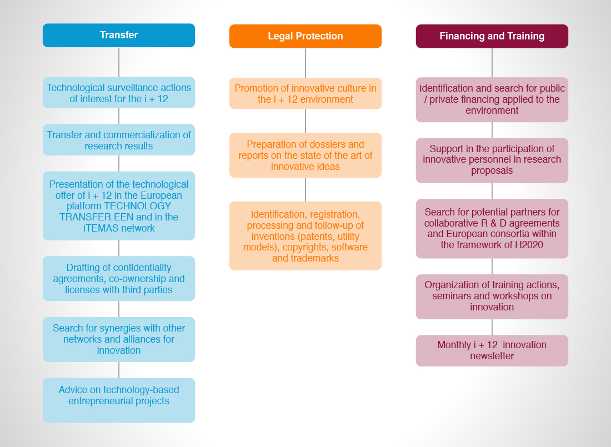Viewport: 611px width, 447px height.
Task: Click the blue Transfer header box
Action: [x=119, y=36]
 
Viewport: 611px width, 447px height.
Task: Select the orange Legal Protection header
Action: [x=305, y=36]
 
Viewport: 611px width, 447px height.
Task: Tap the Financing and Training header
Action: [x=492, y=36]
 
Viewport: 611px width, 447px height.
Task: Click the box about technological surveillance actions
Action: [x=119, y=93]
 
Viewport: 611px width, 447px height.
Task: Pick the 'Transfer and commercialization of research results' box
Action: [x=119, y=140]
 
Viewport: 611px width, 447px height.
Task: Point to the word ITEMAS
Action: [x=97, y=228]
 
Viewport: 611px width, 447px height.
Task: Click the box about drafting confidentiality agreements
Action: [x=119, y=279]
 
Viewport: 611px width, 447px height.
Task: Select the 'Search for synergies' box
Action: [x=119, y=339]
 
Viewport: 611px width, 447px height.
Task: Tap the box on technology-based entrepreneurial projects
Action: [x=119, y=400]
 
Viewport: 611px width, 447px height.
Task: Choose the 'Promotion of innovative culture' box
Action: [x=305, y=93]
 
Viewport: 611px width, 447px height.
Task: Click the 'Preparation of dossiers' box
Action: [x=305, y=155]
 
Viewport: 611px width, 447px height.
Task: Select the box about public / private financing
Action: [x=492, y=100]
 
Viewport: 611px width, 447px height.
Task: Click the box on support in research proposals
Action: [x=492, y=160]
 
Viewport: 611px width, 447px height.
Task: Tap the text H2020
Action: [x=529, y=245]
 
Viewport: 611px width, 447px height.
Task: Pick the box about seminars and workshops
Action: [x=492, y=297]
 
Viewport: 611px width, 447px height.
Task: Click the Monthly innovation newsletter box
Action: [x=492, y=351]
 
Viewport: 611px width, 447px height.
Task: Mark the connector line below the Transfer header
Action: [x=119, y=62]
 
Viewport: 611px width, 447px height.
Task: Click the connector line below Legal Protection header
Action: [x=305, y=63]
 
